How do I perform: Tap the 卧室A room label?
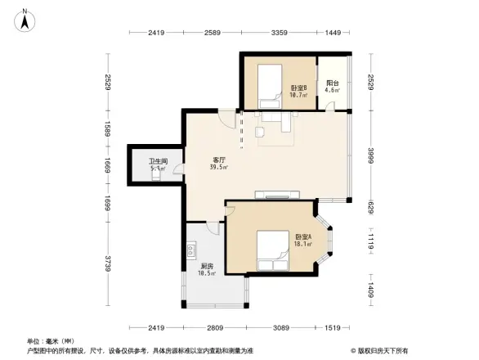[303, 239]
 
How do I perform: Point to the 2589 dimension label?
[213, 33]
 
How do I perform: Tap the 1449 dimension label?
[332, 33]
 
